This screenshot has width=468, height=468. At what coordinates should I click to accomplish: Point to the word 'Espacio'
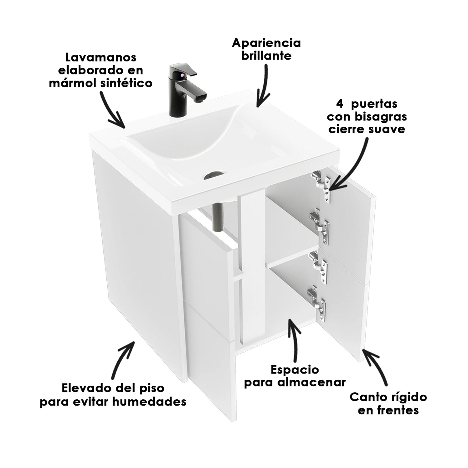pos(295,370)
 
